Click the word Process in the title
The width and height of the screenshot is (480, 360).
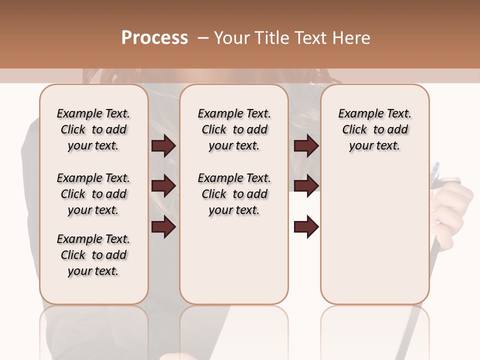point(154,38)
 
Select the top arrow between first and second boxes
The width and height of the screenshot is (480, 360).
point(163,146)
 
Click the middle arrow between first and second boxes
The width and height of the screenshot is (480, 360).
point(163,186)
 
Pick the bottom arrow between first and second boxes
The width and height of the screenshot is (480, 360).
point(163,227)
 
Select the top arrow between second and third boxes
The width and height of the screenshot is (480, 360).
point(306,146)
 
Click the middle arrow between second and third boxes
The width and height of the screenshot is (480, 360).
point(306,186)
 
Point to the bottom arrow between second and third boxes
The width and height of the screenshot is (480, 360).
point(306,227)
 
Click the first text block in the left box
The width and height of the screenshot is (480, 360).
point(93,129)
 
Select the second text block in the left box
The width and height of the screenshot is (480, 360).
point(93,194)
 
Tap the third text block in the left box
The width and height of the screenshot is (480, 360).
point(93,255)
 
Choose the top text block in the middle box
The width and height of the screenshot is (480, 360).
point(234,129)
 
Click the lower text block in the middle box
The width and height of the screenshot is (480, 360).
point(234,194)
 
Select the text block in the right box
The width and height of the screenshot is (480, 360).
point(374,129)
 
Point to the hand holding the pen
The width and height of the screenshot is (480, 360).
point(452,205)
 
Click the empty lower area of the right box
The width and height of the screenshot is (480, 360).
point(374,235)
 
